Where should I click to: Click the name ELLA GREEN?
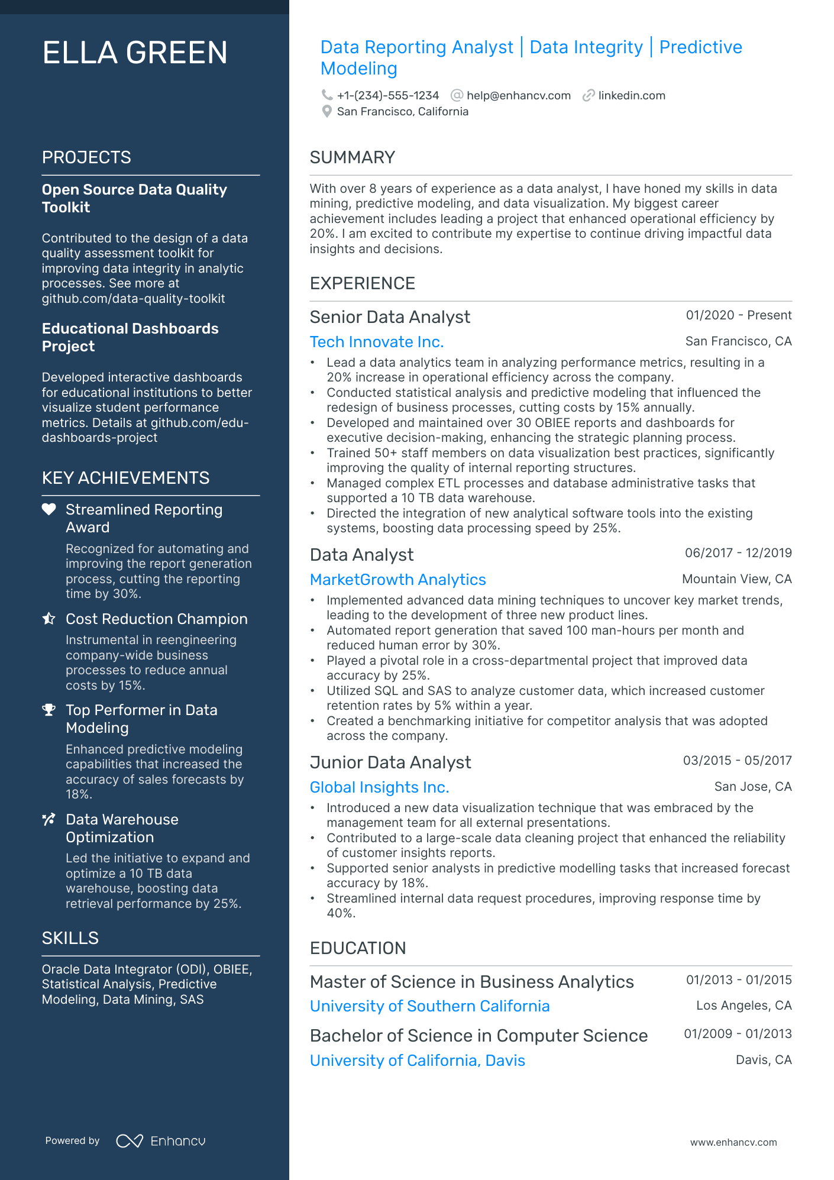pyautogui.click(x=135, y=53)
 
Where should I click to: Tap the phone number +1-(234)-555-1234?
pyautogui.click(x=387, y=96)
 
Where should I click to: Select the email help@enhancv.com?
pyautogui.click(x=518, y=96)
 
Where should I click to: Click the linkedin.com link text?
pyautogui.click(x=631, y=96)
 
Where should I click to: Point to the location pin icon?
pyautogui.click(x=327, y=112)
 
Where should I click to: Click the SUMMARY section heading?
pyautogui.click(x=352, y=157)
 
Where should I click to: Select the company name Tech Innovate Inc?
pyautogui.click(x=376, y=342)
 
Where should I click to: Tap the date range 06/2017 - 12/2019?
pyautogui.click(x=738, y=553)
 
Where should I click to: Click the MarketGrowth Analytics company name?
pyautogui.click(x=397, y=580)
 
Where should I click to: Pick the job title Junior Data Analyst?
pyautogui.click(x=390, y=762)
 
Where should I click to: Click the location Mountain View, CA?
pyautogui.click(x=736, y=579)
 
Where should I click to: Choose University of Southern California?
pyautogui.click(x=429, y=1006)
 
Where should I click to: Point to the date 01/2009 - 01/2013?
pyautogui.click(x=737, y=1034)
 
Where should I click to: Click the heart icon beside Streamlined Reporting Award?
pyautogui.click(x=49, y=509)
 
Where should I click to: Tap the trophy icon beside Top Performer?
pyautogui.click(x=49, y=710)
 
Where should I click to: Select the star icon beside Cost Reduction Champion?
pyautogui.click(x=49, y=619)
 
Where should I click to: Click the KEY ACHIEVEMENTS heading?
pyautogui.click(x=125, y=478)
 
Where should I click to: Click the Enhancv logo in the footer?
pyautogui.click(x=161, y=1141)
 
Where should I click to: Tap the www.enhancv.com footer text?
pyautogui.click(x=733, y=1143)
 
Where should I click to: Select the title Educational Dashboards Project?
pyautogui.click(x=130, y=337)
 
